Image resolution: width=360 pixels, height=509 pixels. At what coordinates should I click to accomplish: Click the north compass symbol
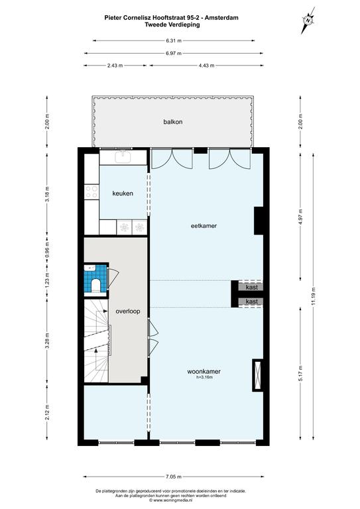[308, 20]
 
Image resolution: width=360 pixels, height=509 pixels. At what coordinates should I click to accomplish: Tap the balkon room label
[172, 122]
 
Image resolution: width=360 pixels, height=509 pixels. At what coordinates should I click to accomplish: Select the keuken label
[123, 194]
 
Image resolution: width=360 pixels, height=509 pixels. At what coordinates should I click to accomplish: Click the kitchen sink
[123, 157]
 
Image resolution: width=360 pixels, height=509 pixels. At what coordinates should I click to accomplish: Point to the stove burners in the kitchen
[91, 192]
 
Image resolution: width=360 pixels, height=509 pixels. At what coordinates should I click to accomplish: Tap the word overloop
[128, 311]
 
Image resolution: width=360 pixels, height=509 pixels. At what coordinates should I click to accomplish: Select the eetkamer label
[204, 226]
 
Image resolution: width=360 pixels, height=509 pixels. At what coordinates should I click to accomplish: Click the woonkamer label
[204, 371]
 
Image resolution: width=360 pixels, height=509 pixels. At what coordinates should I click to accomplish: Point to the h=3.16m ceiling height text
[204, 377]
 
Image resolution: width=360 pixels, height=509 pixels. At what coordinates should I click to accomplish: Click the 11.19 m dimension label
[313, 296]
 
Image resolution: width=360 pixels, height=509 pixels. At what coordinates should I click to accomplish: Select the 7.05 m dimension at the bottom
[173, 477]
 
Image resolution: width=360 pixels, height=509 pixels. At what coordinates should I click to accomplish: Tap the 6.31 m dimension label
[173, 41]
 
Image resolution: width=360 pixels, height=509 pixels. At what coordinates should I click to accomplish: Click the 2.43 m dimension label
[115, 66]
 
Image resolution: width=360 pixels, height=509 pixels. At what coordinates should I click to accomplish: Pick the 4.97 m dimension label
[300, 215]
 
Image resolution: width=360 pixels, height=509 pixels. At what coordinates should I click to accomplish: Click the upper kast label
[252, 287]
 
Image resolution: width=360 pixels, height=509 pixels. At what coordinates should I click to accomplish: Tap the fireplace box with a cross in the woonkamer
[258, 375]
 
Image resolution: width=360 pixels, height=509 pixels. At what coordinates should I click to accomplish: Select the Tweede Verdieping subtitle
[172, 25]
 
